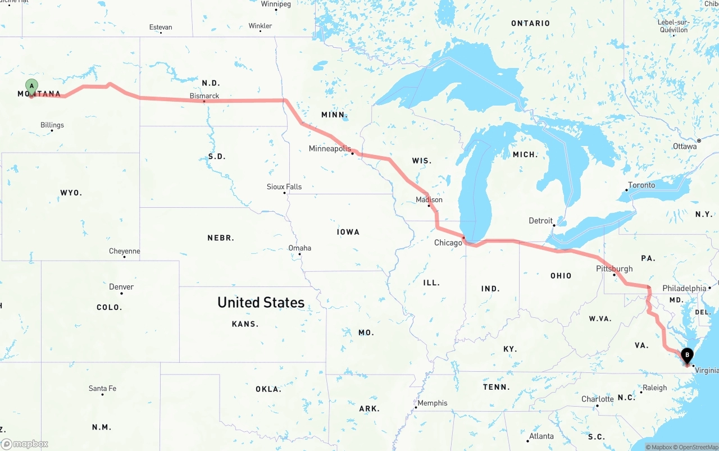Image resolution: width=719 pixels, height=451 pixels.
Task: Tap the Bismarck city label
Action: coord(204,96)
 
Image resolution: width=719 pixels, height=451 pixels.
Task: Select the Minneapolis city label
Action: coord(330,149)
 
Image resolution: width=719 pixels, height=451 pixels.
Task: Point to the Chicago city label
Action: coord(448,243)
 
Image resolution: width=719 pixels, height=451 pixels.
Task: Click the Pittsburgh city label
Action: coord(614,269)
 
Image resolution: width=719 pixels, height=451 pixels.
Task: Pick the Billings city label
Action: coord(52,125)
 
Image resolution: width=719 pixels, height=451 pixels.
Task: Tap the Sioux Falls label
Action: coord(284,186)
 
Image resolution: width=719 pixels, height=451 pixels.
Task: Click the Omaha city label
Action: coord(299,248)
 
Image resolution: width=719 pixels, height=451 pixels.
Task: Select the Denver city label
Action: coord(121,287)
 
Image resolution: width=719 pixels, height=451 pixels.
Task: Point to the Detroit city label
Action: coord(541,221)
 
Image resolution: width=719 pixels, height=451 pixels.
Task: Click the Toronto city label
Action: coord(641,185)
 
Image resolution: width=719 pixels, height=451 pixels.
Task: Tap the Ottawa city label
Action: coord(685,147)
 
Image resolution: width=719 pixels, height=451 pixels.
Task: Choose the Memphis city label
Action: coord(433,403)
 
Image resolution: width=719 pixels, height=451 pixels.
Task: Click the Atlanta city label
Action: coord(541,436)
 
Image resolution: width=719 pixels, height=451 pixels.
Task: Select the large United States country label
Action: coord(261,303)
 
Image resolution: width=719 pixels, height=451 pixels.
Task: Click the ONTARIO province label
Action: coord(530,23)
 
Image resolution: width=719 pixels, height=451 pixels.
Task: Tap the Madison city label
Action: coord(429,199)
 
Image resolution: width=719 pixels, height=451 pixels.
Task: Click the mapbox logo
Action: coord(25,444)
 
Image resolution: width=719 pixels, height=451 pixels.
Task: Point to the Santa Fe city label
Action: coord(102,389)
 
